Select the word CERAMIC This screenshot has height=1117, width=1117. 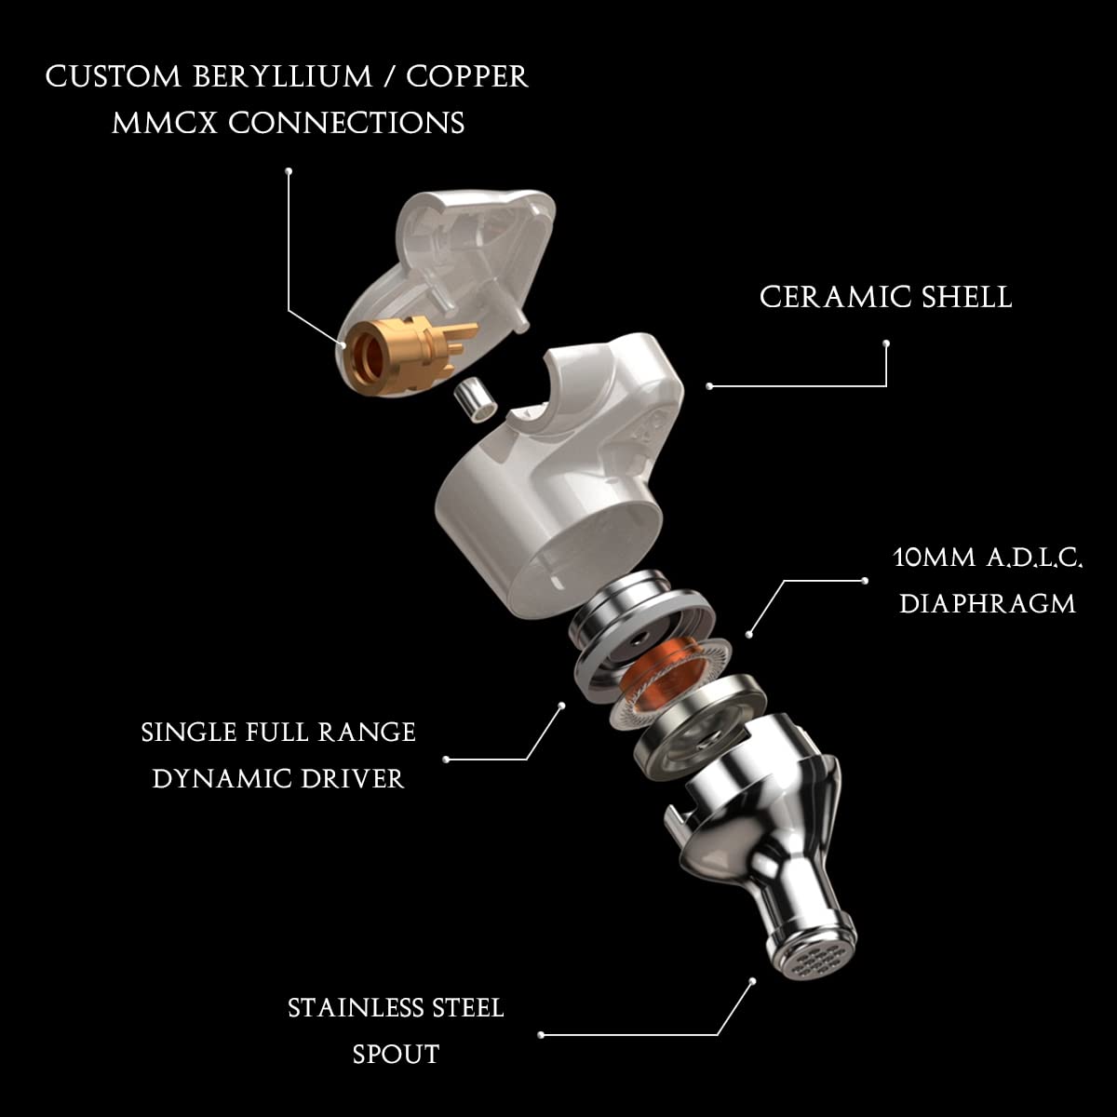click(820, 297)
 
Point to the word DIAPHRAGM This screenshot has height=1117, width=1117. click(988, 603)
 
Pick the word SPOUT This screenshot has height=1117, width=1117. click(396, 1054)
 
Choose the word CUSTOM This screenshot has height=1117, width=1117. click(112, 77)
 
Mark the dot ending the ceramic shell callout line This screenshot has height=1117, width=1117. click(709, 385)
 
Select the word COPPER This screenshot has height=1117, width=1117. click(467, 77)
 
